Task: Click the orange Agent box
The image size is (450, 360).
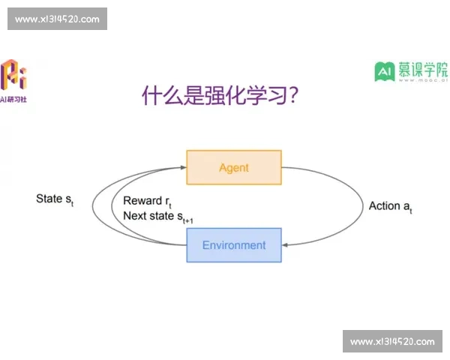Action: tap(233, 167)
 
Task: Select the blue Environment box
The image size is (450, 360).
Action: tap(233, 245)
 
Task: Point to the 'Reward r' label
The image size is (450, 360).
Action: tap(143, 201)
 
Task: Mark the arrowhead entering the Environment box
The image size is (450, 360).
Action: tap(286, 244)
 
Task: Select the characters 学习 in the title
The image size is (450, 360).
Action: tap(261, 96)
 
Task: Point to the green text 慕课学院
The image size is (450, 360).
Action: tap(422, 69)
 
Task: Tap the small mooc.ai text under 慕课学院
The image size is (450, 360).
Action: tap(422, 84)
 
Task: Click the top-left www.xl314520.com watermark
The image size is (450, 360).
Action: tap(57, 19)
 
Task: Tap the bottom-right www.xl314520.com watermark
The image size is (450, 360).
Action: tap(392, 341)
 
